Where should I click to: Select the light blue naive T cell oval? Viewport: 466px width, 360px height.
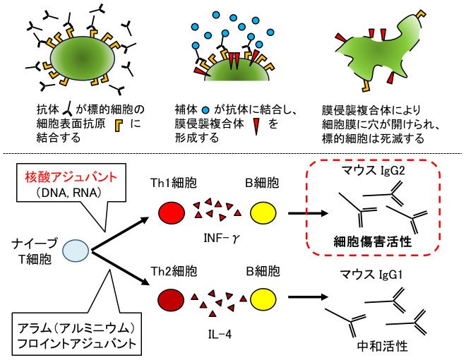pyautogui.click(x=76, y=251)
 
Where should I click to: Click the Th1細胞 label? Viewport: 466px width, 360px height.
pyautogui.click(x=170, y=180)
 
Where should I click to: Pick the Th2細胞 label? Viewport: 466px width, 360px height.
pyautogui.click(x=170, y=271)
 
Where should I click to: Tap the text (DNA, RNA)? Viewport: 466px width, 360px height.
pyautogui.click(x=58, y=190)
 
